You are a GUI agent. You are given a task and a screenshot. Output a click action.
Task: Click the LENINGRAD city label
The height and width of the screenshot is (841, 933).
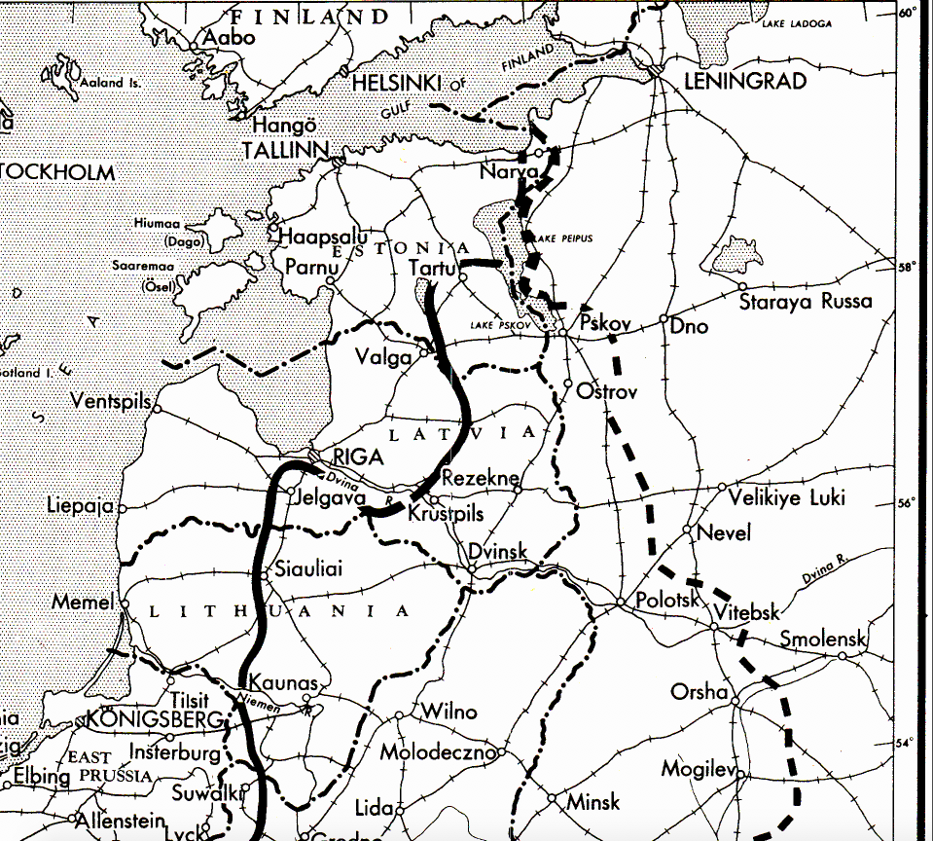click(x=745, y=82)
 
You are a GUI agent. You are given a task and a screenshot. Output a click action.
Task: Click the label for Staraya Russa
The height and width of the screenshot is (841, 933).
click(x=806, y=301)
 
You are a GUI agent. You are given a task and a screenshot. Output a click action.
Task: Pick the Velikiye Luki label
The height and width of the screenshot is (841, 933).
click(x=787, y=497)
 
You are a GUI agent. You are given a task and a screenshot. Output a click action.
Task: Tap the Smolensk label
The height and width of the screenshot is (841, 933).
click(x=823, y=640)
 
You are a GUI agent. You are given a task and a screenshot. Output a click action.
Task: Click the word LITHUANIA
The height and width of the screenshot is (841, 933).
click(x=280, y=610)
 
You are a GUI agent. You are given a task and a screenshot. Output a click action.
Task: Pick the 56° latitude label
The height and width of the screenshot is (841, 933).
click(x=907, y=502)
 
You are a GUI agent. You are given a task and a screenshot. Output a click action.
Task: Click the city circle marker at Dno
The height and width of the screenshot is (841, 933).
click(x=664, y=319)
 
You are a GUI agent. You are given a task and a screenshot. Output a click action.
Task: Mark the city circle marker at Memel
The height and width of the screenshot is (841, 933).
click(x=124, y=603)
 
